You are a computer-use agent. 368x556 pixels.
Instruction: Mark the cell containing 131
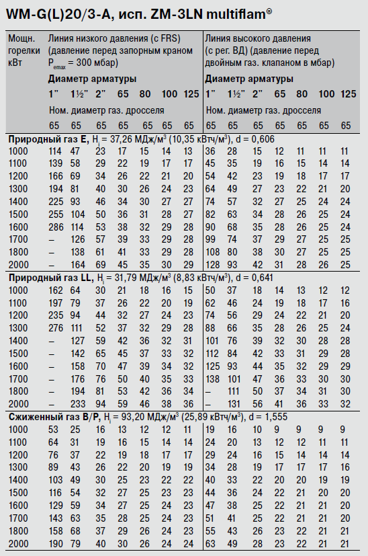[232, 403]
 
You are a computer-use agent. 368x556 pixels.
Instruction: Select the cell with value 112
[212, 353]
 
